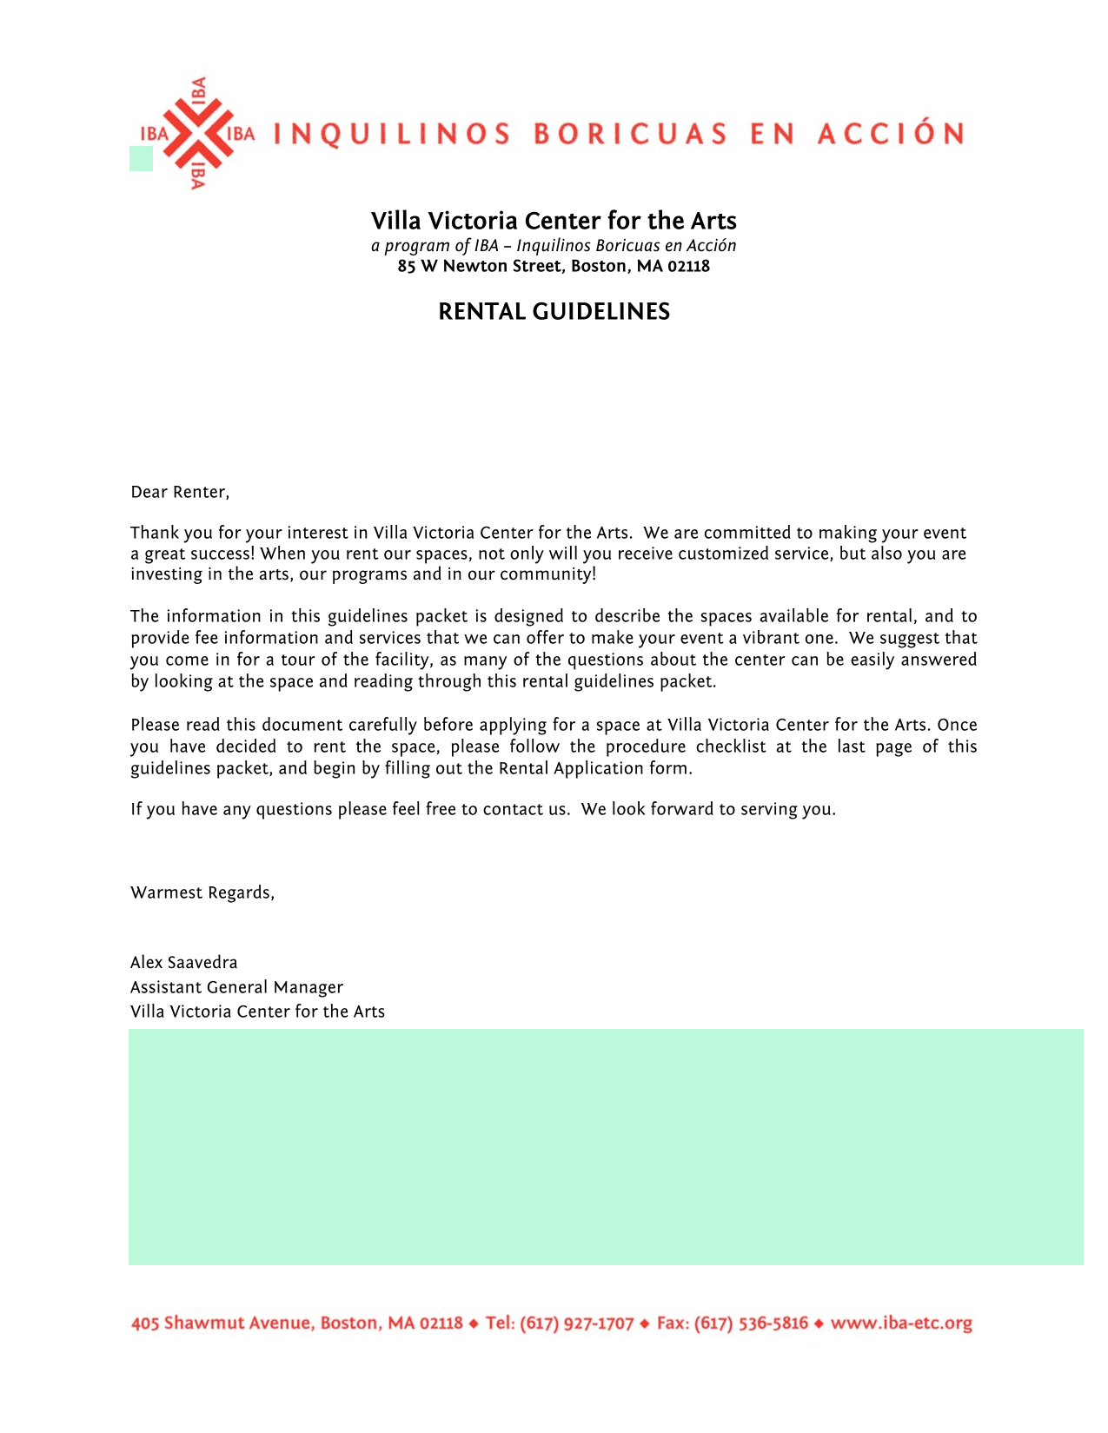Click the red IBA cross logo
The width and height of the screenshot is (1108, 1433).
pos(198,134)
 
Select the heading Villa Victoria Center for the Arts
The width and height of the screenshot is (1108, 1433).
pos(554,221)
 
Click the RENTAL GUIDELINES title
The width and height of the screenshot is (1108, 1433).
pos(554,312)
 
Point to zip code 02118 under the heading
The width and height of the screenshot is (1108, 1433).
pos(688,267)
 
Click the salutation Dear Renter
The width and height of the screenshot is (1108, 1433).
pos(180,493)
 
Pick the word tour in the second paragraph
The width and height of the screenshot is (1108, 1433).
pos(298,660)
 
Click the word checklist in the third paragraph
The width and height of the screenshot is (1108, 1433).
pos(731,746)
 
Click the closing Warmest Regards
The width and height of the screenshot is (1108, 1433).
pos(202,892)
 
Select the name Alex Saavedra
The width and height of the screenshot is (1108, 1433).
pos(183,962)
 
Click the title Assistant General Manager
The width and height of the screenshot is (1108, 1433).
pos(236,987)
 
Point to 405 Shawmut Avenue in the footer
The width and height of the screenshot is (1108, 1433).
pos(222,1324)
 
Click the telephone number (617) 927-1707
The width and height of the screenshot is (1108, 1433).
pos(576,1324)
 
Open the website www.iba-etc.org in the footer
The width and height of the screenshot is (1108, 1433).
pos(901,1324)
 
